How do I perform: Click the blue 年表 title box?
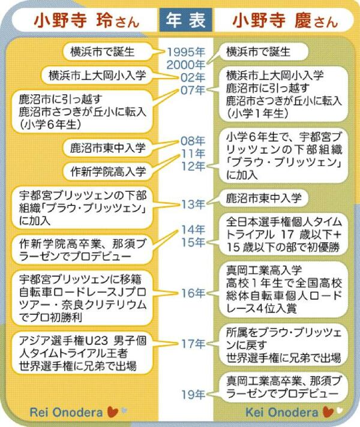185,20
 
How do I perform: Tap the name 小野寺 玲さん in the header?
86,21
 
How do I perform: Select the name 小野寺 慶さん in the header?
285,21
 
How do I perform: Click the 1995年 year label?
186,52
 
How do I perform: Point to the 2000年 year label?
186,65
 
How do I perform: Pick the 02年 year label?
193,77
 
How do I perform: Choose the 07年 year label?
193,90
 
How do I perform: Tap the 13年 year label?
193,205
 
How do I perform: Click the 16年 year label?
193,293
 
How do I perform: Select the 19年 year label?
193,395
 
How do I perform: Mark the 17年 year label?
193,344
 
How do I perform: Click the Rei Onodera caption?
66,412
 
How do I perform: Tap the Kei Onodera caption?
282,412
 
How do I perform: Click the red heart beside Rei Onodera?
113,412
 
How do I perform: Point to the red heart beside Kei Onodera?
328,412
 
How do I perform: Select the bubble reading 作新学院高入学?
107,172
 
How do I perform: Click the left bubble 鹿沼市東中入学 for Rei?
107,148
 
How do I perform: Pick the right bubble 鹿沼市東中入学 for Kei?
264,198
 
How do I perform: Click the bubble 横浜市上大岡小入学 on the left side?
97,75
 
